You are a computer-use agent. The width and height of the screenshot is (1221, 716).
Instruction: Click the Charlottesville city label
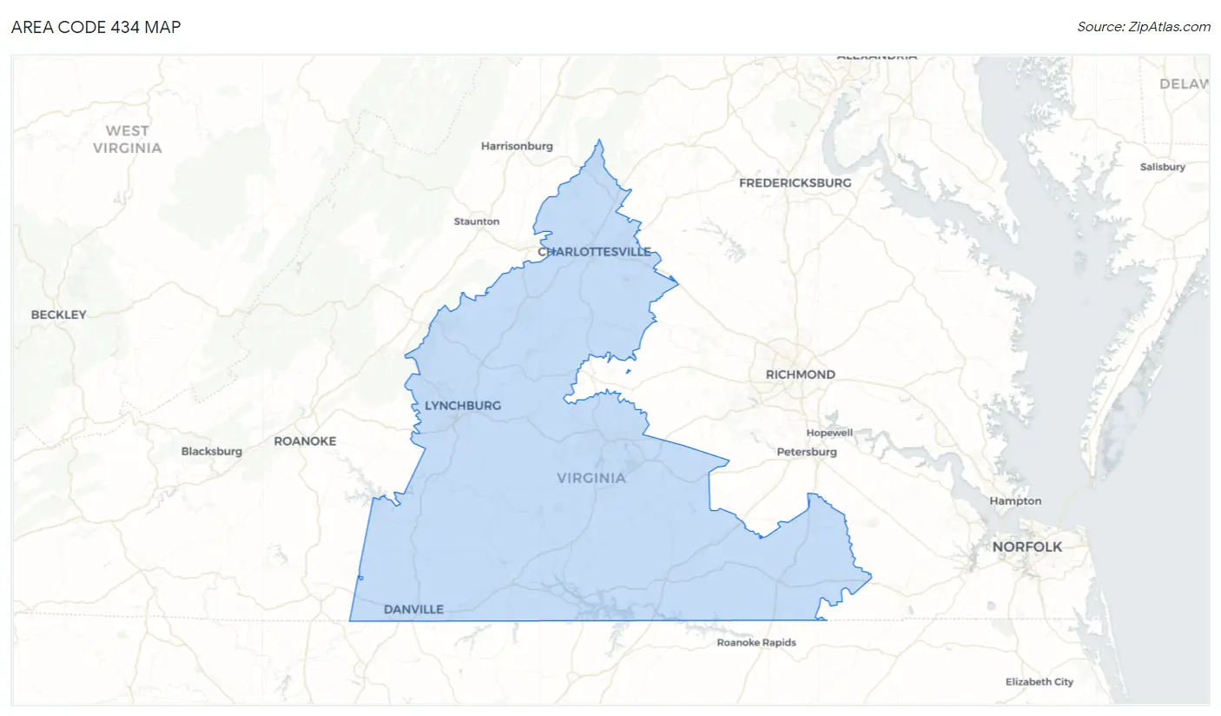[594, 252]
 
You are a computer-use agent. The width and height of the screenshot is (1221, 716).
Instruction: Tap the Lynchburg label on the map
[463, 406]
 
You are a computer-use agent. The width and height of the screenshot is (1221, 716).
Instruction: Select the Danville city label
[413, 609]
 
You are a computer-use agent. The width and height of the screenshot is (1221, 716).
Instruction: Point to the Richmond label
[800, 375]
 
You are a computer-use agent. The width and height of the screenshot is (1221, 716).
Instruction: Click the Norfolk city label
[1027, 547]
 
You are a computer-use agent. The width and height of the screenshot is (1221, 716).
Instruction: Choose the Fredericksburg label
[795, 183]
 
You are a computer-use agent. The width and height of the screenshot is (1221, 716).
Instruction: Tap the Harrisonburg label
[517, 146]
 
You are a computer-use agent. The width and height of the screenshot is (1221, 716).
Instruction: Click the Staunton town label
[477, 222]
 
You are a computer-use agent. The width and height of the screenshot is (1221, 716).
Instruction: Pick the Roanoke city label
[305, 441]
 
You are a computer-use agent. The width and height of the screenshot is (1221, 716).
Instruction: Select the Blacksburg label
[212, 451]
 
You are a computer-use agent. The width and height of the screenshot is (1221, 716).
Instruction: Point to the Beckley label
[59, 315]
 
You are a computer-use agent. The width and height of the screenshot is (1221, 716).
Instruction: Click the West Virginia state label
[128, 139]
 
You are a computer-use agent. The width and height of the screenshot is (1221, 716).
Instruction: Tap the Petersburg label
[807, 452]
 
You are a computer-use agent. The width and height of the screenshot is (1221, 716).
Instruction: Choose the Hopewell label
[829, 433]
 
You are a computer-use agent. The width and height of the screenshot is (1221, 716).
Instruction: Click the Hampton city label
[1015, 501]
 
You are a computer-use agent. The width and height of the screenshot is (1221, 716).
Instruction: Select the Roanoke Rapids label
[756, 643]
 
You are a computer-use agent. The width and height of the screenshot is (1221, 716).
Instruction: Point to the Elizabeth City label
[1039, 682]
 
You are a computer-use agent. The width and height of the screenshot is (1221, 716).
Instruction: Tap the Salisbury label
[1163, 167]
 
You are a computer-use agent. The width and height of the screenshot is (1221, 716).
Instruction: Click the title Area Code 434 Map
[96, 27]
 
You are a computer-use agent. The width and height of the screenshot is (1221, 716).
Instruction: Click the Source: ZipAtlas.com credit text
[1144, 27]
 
